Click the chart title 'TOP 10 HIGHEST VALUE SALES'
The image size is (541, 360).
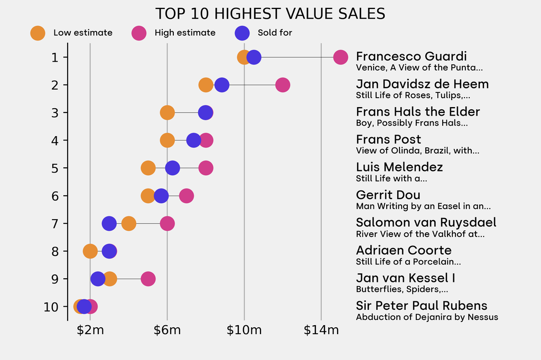pyautogui.click(x=270, y=13)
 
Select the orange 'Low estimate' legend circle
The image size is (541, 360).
pyautogui.click(x=38, y=33)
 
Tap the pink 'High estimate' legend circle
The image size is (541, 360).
pyautogui.click(x=139, y=33)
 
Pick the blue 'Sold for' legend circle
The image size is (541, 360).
pyautogui.click(x=241, y=33)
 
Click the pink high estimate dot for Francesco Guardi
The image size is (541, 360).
pyautogui.click(x=341, y=57)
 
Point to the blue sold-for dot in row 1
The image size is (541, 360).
pyautogui.click(x=254, y=57)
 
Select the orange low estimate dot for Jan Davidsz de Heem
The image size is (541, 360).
pyautogui.click(x=206, y=85)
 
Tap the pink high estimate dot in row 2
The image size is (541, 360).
pyautogui.click(x=283, y=85)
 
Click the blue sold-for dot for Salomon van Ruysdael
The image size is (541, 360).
pyautogui.click(x=109, y=223)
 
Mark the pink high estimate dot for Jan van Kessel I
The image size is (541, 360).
pyautogui.click(x=148, y=279)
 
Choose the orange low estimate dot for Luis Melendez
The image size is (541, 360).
pyautogui.click(x=148, y=168)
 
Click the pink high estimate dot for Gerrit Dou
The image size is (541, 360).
pyautogui.click(x=186, y=196)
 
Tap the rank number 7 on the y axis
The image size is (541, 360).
pyautogui.click(x=55, y=223)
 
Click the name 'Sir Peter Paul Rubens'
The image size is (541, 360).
pyautogui.click(x=422, y=306)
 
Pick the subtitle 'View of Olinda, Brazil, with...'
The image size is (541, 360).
pyautogui.click(x=417, y=151)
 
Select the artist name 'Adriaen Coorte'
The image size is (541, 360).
pyautogui.click(x=404, y=250)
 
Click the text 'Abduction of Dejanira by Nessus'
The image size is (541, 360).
pyautogui.click(x=427, y=317)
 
